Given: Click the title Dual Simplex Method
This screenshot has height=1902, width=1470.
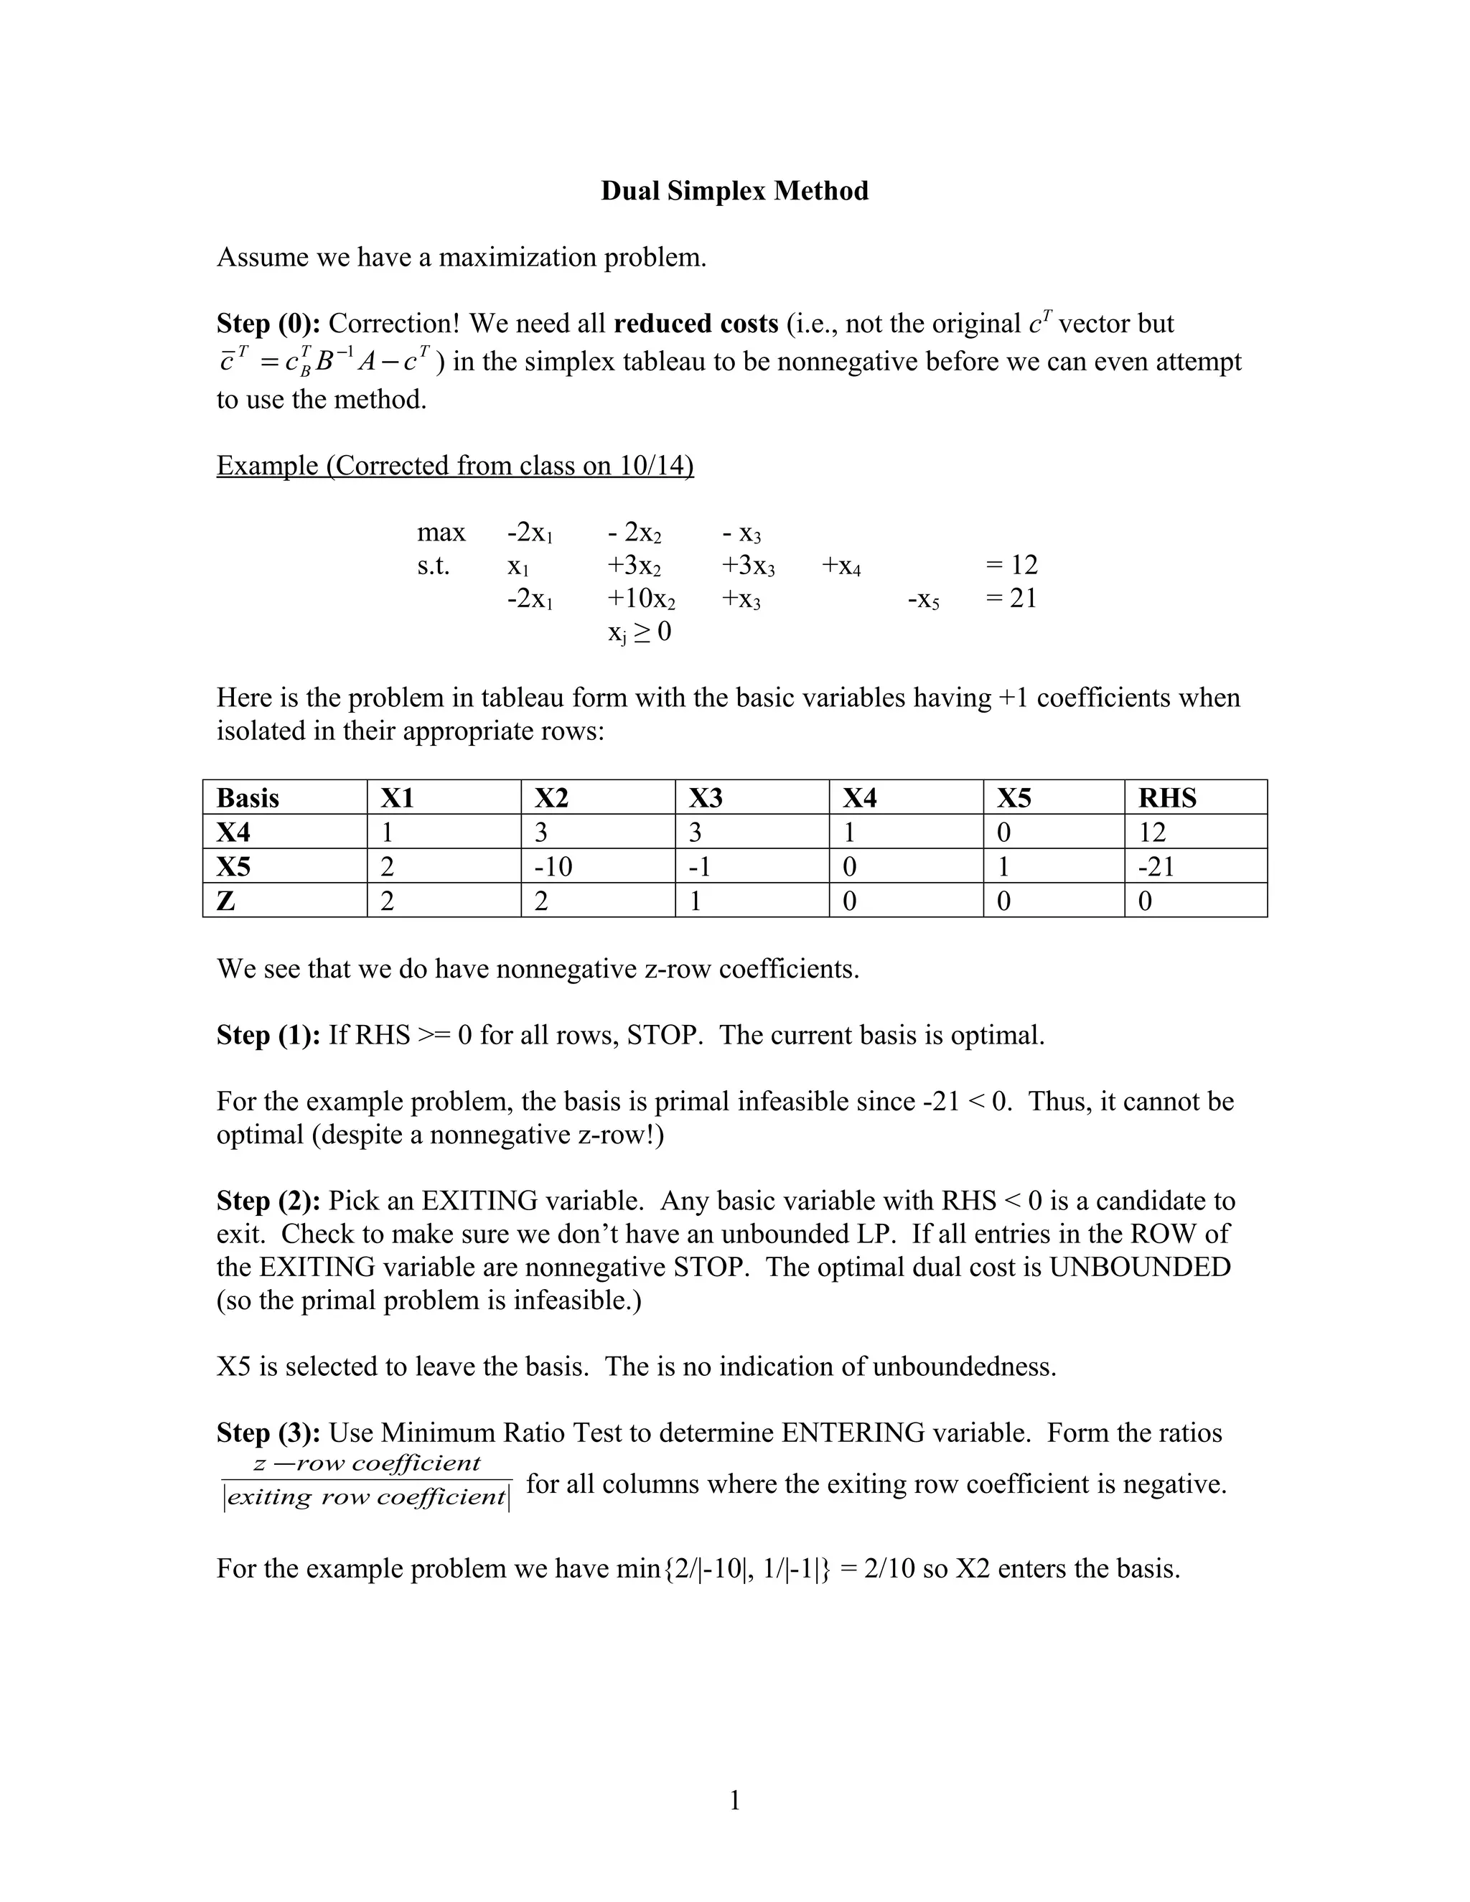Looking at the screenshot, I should (x=734, y=191).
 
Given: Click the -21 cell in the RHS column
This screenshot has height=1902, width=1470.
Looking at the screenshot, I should (x=1156, y=866).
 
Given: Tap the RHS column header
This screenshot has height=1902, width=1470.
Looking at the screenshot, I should (x=1167, y=797).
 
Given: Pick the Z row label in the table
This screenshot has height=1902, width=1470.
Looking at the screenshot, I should (x=225, y=901).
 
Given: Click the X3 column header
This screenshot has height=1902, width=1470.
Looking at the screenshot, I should (x=706, y=797).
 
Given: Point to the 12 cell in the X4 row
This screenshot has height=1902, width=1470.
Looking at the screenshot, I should (x=1152, y=833).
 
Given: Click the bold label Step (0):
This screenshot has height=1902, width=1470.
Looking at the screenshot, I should (x=269, y=324).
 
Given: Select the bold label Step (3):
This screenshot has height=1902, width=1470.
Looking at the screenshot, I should (x=269, y=1433).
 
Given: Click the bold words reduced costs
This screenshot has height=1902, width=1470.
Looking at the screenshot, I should (x=695, y=324).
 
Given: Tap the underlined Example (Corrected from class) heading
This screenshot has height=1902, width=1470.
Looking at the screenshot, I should (x=454, y=466).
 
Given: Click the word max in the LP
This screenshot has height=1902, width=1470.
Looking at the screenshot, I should (x=441, y=532).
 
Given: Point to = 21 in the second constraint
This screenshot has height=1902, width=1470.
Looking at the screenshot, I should (x=1011, y=599).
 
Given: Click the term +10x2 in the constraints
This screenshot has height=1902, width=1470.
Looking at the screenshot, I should (x=641, y=599).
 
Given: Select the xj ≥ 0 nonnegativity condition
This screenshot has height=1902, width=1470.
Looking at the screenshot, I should (x=640, y=632).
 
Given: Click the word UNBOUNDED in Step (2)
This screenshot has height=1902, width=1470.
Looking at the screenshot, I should (x=1139, y=1267).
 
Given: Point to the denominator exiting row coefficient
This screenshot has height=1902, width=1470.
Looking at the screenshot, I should (x=366, y=1498).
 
